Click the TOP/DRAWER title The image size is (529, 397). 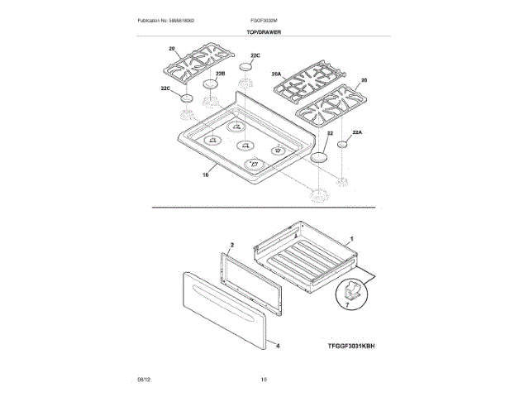coord(264,32)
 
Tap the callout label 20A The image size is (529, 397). coord(277,74)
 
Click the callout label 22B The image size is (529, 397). coord(221,74)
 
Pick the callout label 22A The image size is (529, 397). coord(357,132)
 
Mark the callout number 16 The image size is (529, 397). coord(205,174)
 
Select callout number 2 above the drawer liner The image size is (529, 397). coord(232,246)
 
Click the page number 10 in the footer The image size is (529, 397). coord(264,380)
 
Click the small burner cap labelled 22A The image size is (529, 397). coord(342,146)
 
